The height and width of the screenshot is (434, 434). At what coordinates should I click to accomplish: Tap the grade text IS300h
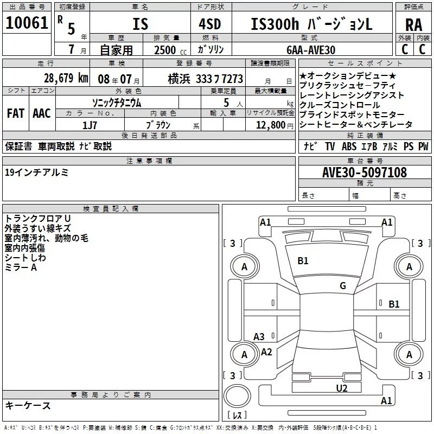coord(272,24)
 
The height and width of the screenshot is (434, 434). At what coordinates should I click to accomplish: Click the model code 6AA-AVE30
coord(311,49)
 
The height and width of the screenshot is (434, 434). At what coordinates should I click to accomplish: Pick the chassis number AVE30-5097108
coord(364,173)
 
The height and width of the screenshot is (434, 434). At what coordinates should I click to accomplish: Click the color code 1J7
coord(90,125)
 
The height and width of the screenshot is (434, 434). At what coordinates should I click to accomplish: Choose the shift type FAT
coord(15,113)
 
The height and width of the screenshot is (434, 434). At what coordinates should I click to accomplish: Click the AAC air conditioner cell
coord(41,113)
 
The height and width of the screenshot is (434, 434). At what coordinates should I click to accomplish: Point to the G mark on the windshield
coord(342,286)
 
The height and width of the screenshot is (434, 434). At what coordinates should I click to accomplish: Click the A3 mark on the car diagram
coord(259,337)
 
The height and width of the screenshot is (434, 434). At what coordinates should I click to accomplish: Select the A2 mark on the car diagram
coord(266,352)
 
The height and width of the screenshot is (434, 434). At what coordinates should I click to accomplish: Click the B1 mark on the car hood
coord(303,261)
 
